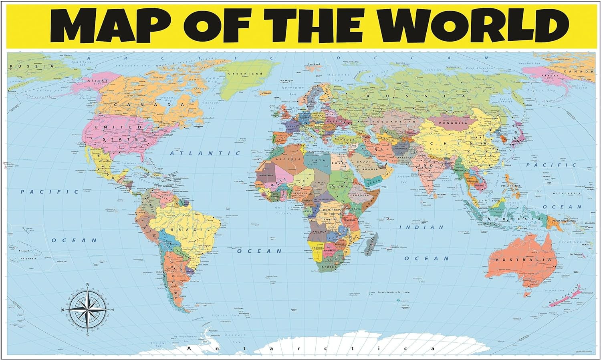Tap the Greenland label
(245, 74)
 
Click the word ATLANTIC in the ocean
(205, 153)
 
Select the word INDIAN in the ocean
(422, 227)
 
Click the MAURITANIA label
(266, 175)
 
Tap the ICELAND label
(266, 93)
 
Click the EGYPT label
(340, 163)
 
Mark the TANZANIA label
(350, 220)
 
